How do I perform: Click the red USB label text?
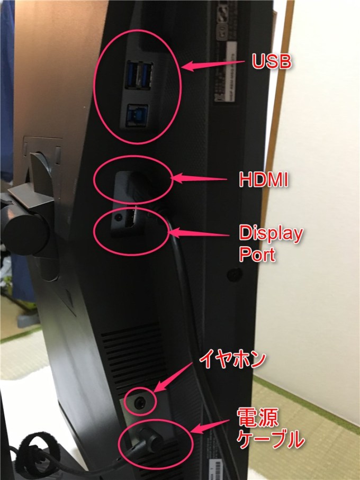tap(271, 63)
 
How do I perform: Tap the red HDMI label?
tap(263, 180)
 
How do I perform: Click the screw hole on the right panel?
tap(233, 275)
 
